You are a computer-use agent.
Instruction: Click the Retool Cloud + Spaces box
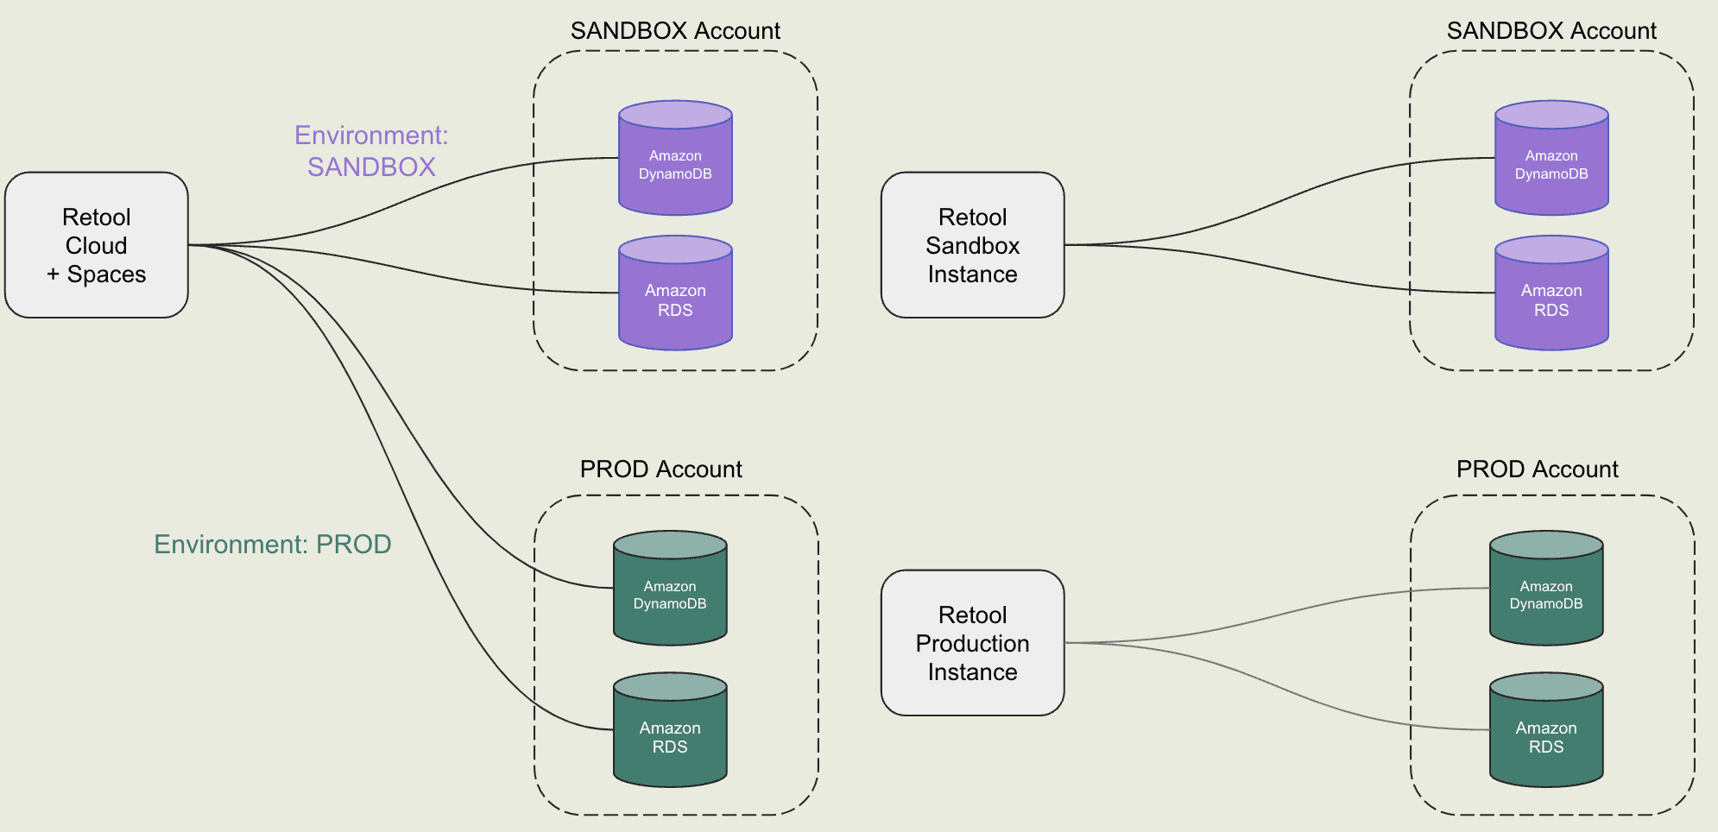coord(96,245)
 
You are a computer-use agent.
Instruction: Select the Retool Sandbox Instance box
coord(972,245)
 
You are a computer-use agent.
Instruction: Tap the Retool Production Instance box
coord(972,643)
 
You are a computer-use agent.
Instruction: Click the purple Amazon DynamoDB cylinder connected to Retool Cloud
coord(675,164)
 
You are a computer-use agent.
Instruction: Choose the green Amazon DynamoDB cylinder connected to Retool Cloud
coord(670,595)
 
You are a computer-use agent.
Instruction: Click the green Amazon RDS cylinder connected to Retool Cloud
coord(670,736)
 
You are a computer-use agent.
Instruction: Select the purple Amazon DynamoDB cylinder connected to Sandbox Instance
coord(1551,164)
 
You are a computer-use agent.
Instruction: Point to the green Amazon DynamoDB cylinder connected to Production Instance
coord(1546,595)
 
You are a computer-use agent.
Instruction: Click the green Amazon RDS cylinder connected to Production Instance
coord(1546,736)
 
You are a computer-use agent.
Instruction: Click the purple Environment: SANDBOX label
coord(371,151)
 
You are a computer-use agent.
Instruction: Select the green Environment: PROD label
coord(273,545)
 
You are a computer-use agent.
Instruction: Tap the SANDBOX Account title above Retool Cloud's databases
coord(675,31)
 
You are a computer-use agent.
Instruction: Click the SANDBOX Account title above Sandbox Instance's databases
coord(1551,31)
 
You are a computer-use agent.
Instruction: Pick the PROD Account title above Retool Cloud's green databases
coord(660,470)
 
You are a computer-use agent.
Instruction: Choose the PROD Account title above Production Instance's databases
coord(1537,470)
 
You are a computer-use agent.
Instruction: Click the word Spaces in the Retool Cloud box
coord(106,274)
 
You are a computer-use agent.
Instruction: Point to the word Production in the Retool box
coord(972,644)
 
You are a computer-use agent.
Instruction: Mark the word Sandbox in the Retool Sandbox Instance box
coord(972,246)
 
